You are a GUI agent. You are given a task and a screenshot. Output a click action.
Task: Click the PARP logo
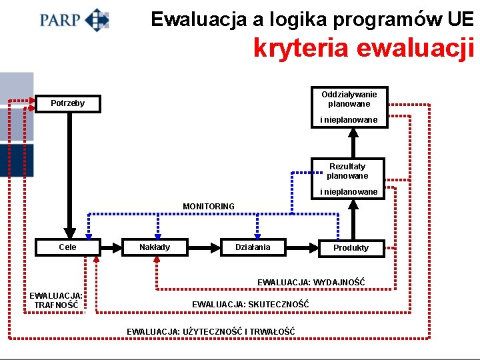click(x=74, y=19)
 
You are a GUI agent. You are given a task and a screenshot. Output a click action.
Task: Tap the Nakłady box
click(x=155, y=247)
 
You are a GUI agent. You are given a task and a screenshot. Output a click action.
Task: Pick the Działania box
click(x=253, y=247)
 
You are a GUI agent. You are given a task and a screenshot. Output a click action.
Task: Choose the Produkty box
click(x=351, y=247)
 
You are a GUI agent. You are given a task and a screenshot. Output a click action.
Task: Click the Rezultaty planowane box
click(x=347, y=171)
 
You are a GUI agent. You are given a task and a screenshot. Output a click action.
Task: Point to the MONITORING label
click(x=209, y=207)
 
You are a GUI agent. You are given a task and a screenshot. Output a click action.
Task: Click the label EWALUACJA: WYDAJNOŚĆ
click(x=311, y=283)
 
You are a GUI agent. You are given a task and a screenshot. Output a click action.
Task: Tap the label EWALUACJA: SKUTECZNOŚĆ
click(x=251, y=304)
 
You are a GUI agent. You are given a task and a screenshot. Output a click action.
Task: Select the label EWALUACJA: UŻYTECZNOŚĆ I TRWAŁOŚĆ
click(x=211, y=331)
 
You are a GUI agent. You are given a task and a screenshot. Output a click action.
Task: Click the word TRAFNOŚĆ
click(x=56, y=305)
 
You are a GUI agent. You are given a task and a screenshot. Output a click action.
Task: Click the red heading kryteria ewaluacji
click(x=363, y=47)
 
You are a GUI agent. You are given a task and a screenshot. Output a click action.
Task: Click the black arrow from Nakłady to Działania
click(x=203, y=247)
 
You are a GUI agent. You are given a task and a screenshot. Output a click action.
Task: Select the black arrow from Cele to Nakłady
click(x=112, y=247)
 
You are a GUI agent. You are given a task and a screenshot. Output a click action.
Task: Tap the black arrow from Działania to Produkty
click(x=303, y=247)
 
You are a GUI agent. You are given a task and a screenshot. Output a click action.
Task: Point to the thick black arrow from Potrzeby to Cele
click(x=67, y=173)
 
